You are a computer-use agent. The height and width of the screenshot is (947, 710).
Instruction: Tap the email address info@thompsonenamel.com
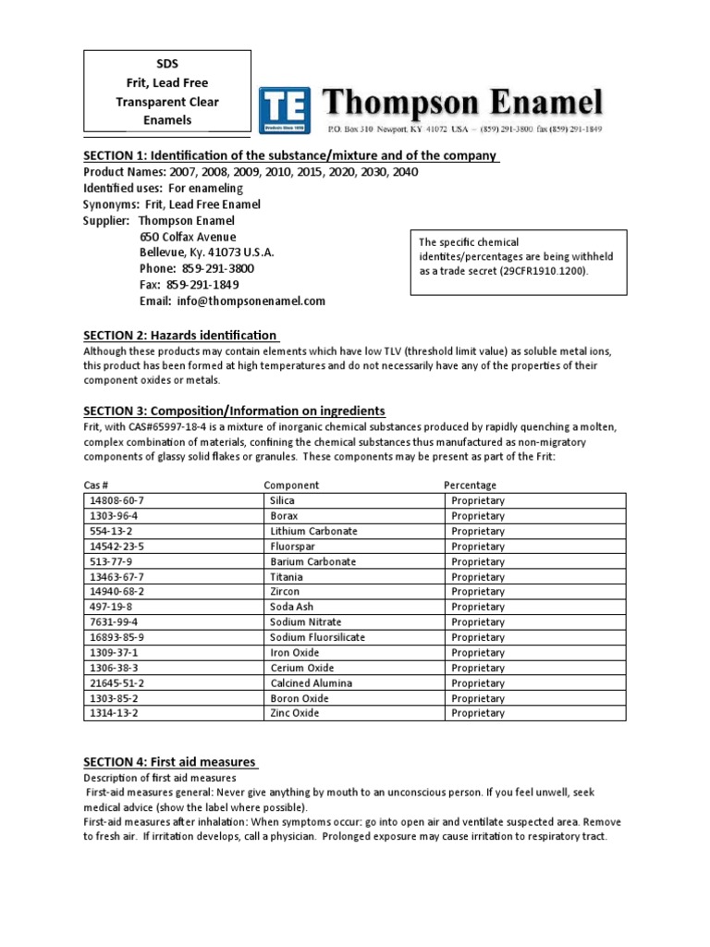[232, 301]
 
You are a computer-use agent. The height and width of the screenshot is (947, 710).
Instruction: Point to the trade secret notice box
[518, 263]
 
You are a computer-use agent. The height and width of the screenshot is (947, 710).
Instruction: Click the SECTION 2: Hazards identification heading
[180, 335]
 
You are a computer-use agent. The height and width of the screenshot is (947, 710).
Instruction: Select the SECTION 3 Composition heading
[234, 411]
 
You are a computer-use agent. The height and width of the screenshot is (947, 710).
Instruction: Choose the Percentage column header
[470, 485]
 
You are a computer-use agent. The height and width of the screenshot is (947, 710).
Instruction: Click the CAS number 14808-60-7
[116, 500]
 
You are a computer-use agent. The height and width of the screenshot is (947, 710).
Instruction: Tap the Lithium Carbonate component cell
[313, 531]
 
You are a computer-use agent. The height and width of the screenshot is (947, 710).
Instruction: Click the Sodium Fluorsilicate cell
[317, 637]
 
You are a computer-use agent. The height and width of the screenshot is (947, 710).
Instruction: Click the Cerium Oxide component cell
[301, 668]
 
